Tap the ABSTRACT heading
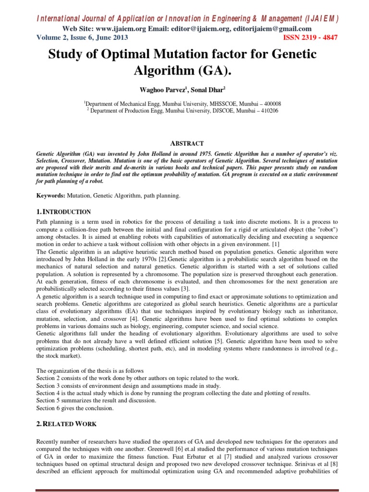[x=187, y=143]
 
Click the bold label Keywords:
[x=51, y=196]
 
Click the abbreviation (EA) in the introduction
[x=125, y=311]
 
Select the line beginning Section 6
[x=75, y=408]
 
